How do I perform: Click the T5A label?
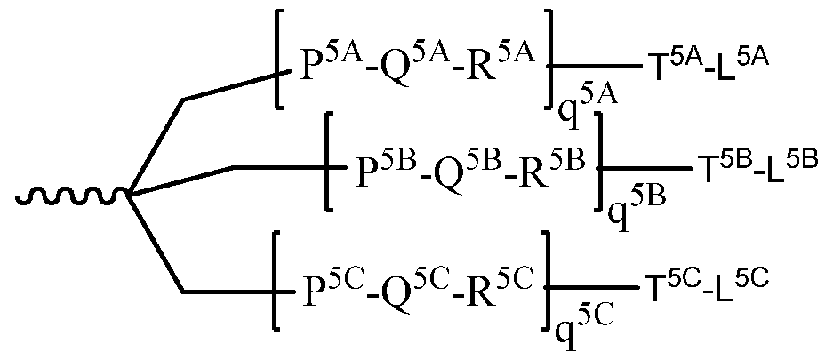663,63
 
